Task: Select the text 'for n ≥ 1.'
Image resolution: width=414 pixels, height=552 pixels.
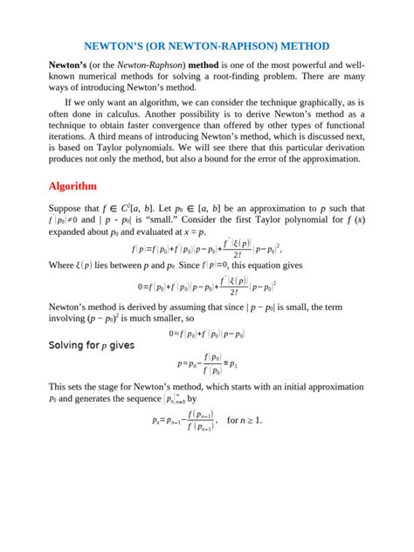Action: (244, 420)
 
